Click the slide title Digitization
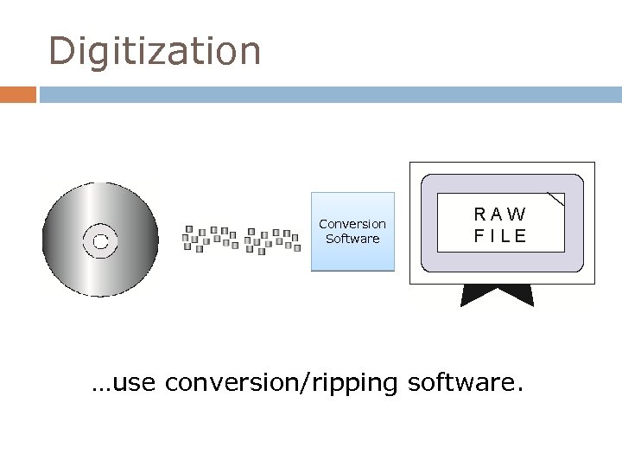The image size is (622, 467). [x=155, y=51]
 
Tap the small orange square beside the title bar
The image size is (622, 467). [x=18, y=93]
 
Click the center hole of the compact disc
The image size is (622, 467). [x=100, y=240]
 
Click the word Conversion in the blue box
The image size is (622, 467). [x=352, y=224]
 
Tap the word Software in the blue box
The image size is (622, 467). [x=352, y=239]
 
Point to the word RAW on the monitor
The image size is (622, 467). [x=500, y=214]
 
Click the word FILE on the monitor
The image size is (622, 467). [x=500, y=235]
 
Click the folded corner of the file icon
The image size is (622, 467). [x=556, y=201]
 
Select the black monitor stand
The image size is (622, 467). [x=497, y=296]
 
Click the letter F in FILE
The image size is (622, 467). [x=478, y=235]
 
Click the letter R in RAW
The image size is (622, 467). [x=479, y=214]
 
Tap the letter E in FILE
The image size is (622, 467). [x=520, y=235]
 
